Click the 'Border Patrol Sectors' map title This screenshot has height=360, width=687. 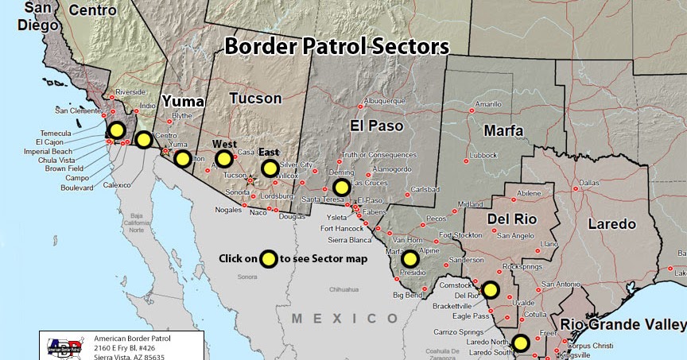tap(336, 46)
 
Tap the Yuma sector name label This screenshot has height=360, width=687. tap(183, 102)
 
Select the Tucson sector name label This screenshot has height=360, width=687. tap(255, 99)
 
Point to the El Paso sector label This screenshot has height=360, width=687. tap(377, 125)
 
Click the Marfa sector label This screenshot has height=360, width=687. tap(503, 130)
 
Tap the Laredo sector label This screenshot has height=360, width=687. tap(611, 224)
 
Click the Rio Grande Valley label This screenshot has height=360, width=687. tap(623, 324)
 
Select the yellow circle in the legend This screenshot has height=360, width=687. tap(269, 258)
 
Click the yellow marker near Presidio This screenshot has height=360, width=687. tap(409, 258)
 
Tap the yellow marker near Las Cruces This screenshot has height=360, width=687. tap(341, 188)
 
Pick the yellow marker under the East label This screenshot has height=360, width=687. tap(270, 168)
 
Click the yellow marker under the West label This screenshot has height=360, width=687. tap(223, 158)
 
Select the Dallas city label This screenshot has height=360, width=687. tap(589, 183)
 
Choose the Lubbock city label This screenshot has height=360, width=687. tap(483, 155)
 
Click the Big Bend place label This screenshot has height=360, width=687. tap(406, 294)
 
